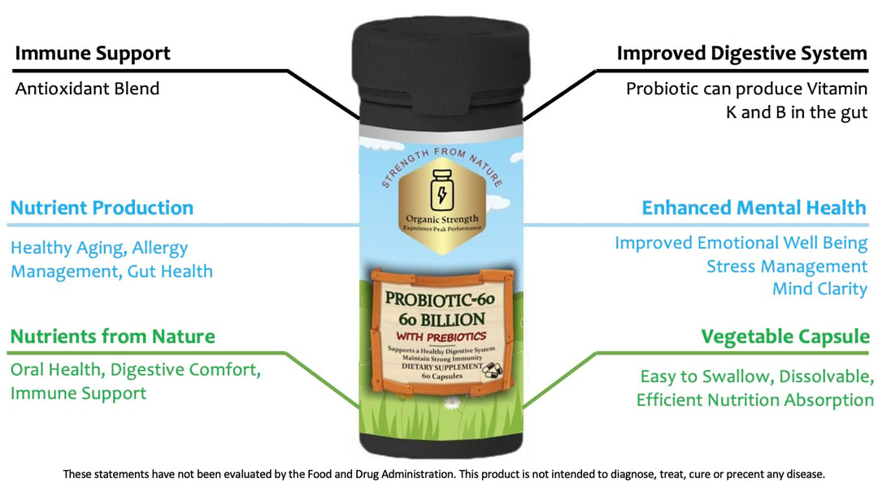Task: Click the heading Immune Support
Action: (93, 54)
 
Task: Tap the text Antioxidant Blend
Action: (87, 89)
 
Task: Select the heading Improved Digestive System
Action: (742, 54)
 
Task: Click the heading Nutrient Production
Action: (102, 207)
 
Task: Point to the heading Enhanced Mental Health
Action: (754, 207)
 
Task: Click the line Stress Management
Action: (787, 267)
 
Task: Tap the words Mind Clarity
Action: (819, 289)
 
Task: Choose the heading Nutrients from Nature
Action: (112, 337)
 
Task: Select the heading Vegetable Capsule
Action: (785, 337)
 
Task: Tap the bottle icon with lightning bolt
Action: (441, 190)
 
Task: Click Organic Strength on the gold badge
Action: (441, 219)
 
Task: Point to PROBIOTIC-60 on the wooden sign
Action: (440, 299)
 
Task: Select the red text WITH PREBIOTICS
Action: (441, 337)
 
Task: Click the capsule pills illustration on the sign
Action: (492, 368)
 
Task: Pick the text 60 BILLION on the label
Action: (441, 320)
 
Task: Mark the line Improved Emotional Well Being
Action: (741, 243)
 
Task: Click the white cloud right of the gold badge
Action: (500, 200)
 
